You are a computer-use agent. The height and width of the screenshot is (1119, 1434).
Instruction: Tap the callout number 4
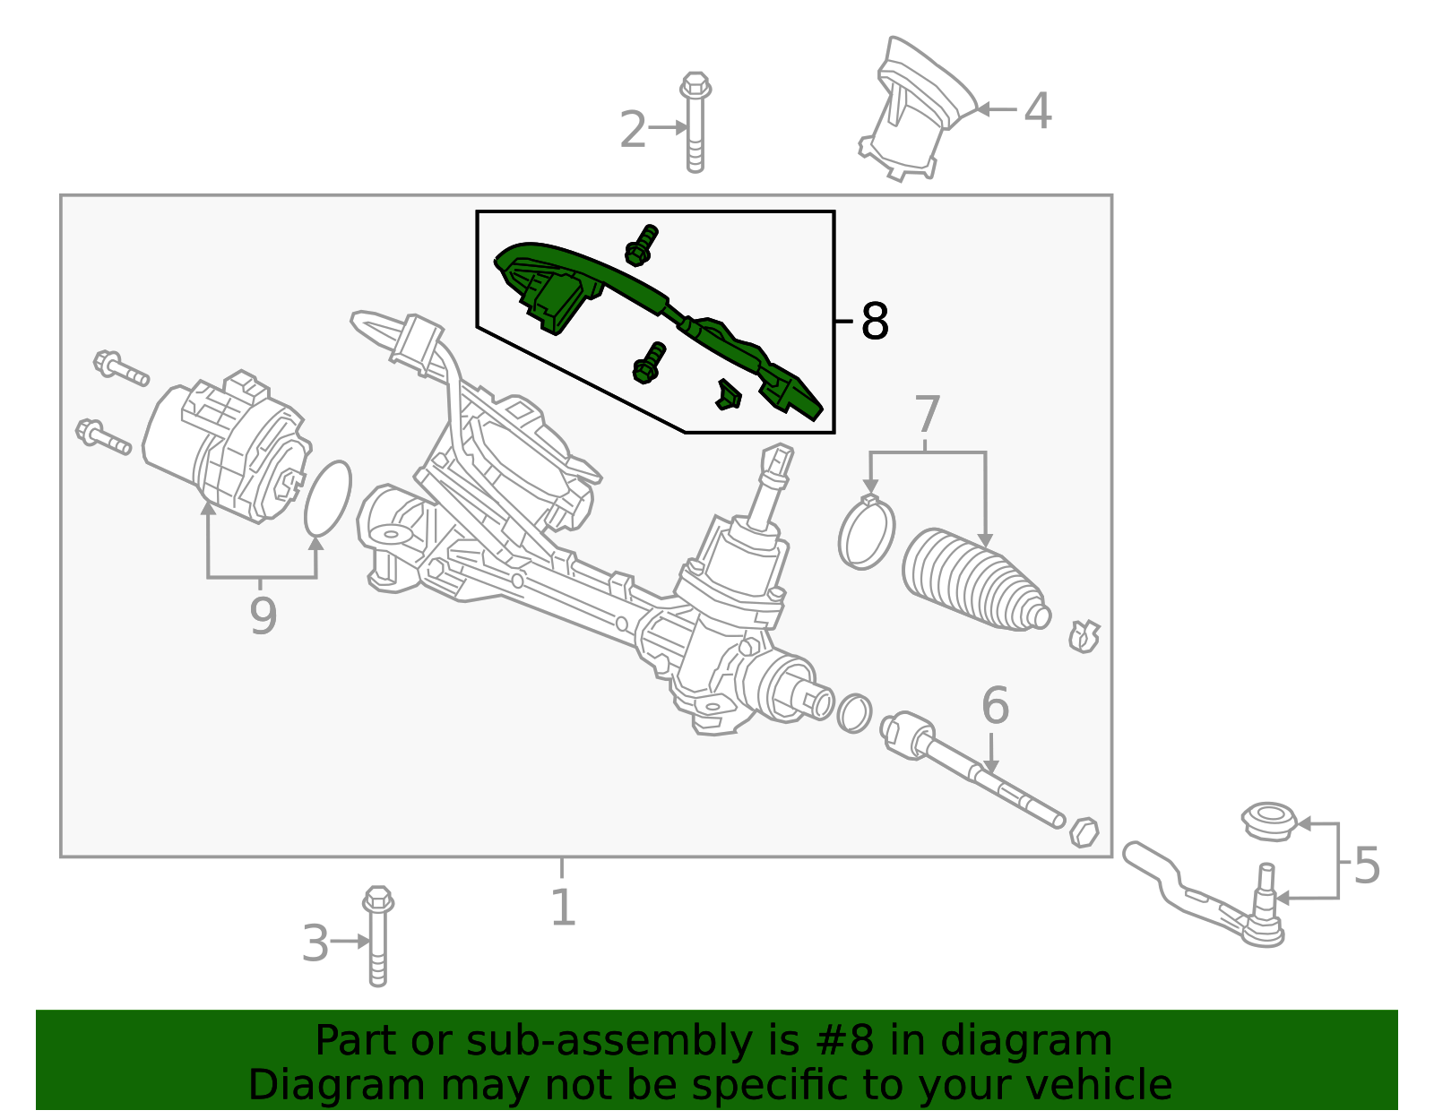click(x=1037, y=111)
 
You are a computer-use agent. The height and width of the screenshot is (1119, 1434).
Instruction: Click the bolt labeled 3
click(x=378, y=936)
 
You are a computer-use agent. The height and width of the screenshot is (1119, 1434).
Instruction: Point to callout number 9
click(x=263, y=616)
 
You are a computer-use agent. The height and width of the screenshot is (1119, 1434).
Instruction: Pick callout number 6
click(x=995, y=706)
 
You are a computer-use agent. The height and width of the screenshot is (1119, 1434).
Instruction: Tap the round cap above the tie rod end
click(x=1269, y=821)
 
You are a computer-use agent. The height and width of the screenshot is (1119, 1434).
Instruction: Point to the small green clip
click(x=729, y=394)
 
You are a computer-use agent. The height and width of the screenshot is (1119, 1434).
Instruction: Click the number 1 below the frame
click(x=562, y=908)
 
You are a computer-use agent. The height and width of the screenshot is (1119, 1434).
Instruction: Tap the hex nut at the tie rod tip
click(x=1084, y=831)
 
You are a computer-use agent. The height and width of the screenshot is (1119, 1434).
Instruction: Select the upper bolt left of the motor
click(x=120, y=368)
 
